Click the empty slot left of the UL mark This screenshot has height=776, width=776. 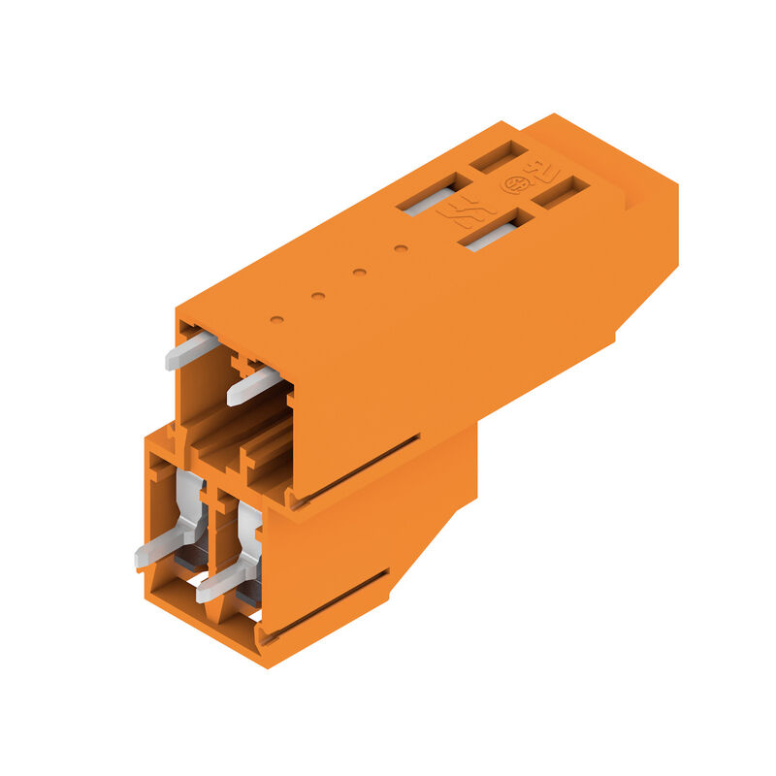500,155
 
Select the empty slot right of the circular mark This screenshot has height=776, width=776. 562,192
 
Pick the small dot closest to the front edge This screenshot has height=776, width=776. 276,318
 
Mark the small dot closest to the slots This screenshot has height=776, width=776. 400,248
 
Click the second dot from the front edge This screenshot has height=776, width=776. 317,295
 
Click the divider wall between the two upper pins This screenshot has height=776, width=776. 233,373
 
